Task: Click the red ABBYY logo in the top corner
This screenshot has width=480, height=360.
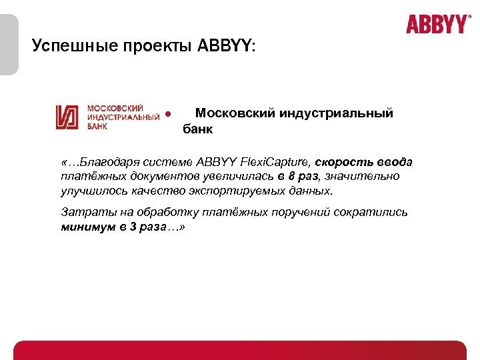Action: coord(438,25)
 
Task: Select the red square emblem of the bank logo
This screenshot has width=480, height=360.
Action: coord(69,117)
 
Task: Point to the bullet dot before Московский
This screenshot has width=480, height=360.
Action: coord(169,113)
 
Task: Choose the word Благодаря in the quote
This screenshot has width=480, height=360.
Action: coord(108,162)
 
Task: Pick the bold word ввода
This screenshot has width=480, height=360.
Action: coord(395,162)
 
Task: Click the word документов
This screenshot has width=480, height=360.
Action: coord(148,177)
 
